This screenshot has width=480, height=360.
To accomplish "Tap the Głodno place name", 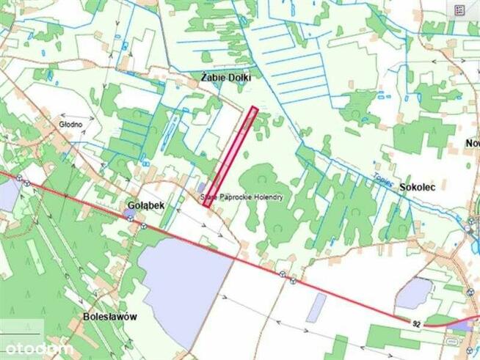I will coord(71,125).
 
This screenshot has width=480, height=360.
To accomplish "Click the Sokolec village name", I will coord(418,188).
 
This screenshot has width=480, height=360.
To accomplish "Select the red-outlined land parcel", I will coord(230,157).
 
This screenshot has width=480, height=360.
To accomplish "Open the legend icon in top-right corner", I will coord(460,10).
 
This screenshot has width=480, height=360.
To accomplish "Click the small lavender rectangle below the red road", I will coord(316,307).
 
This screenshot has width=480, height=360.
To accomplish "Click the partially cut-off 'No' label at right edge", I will coord(472,143).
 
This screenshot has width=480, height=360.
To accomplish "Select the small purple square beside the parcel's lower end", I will coord(202,188).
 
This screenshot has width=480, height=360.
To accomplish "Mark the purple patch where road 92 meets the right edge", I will coord(464,324).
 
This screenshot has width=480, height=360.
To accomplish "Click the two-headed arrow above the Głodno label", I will coord(72,114).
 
